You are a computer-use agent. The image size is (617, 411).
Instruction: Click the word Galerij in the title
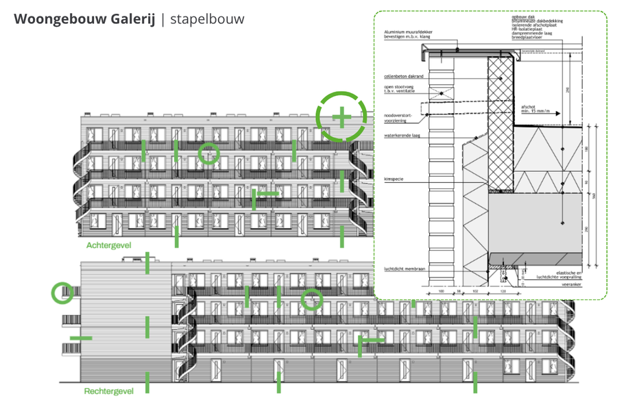coord(133,19)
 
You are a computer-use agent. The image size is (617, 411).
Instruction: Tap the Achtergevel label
coord(108,245)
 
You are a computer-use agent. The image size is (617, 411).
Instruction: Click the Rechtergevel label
coord(108,391)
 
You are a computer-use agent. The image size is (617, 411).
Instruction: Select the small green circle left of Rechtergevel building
coord(62,293)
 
